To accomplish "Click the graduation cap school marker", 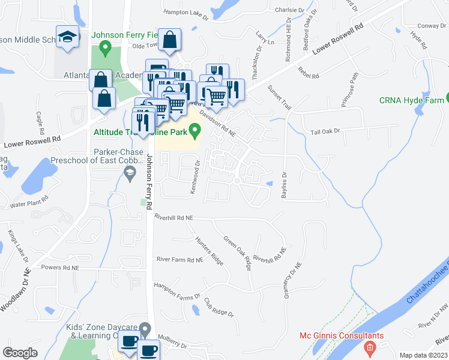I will pyautogui.click(x=67, y=37).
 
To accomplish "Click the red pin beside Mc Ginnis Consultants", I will pyautogui.click(x=370, y=347).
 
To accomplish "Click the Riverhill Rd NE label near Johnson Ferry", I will pyautogui.click(x=173, y=217).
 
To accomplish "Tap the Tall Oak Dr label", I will pyautogui.click(x=325, y=131).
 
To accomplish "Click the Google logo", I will pyautogui.click(x=20, y=353).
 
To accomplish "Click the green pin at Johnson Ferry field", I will pyautogui.click(x=106, y=47).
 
